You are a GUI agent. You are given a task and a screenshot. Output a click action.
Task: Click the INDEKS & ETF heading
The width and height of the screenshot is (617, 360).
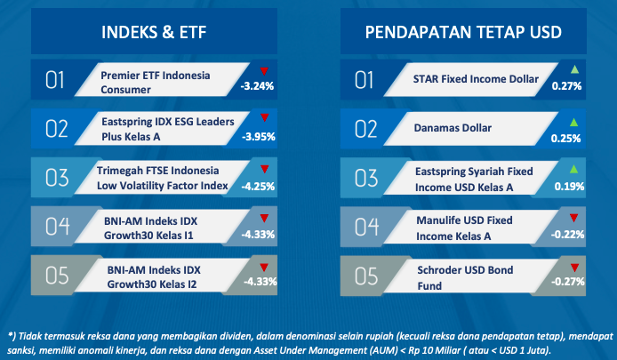[154, 32]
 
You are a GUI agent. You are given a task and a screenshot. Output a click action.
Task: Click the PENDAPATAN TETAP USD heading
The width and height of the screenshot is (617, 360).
[463, 32]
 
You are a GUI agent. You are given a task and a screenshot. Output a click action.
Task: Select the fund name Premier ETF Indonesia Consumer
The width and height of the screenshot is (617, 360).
[156, 83]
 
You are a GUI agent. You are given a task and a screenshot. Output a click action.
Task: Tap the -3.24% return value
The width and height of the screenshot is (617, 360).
[257, 86]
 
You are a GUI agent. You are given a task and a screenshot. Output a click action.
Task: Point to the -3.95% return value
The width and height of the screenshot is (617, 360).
[258, 137]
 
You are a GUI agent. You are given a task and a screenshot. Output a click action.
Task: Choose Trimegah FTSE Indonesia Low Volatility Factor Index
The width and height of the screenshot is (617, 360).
[163, 178]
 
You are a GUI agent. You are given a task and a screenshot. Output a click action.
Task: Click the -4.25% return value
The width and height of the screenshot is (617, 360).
[258, 186]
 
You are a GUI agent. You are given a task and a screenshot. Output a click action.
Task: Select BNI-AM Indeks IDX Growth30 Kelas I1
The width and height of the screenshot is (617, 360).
[151, 228]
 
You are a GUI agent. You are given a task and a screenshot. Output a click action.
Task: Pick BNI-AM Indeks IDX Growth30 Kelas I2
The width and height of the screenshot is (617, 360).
[154, 277]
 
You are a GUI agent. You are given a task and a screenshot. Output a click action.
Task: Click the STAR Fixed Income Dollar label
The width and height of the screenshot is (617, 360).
[476, 79]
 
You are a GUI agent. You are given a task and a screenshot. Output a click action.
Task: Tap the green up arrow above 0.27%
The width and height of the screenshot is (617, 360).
[574, 69]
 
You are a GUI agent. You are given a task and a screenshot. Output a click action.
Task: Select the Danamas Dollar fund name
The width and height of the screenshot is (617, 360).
[453, 128]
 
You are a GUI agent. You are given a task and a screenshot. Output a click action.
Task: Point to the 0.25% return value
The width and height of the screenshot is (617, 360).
[565, 138]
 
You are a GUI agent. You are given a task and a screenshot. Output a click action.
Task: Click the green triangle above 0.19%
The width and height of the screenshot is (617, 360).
[573, 169]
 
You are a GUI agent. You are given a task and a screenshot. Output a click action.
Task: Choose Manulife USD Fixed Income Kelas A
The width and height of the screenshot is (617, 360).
[464, 228]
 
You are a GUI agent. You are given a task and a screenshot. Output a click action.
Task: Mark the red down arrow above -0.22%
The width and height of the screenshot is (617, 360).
[573, 218]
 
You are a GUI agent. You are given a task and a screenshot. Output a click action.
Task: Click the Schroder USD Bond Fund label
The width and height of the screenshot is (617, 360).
[465, 277]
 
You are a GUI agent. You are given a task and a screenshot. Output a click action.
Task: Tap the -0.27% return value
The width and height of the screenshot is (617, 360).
[568, 281]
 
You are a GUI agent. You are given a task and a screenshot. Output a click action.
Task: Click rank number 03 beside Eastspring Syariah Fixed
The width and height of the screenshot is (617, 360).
[366, 178]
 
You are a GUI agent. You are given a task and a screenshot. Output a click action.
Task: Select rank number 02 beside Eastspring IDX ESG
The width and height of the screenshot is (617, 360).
[57, 129]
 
